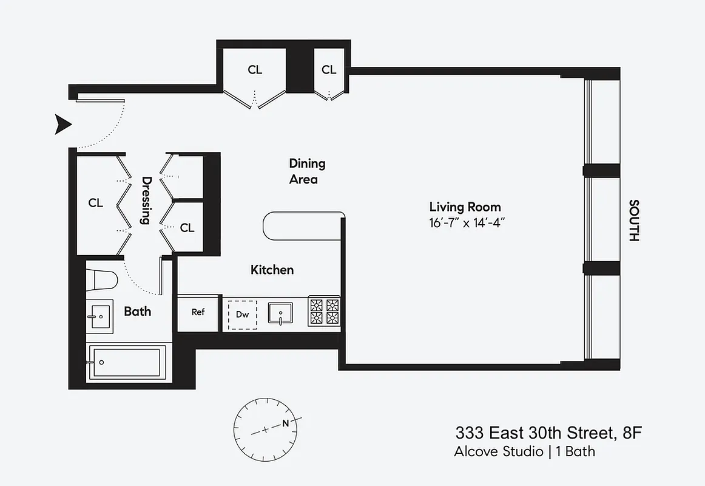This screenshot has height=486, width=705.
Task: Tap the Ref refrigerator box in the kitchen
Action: (198, 312)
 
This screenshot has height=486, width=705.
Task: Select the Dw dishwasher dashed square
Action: (242, 314)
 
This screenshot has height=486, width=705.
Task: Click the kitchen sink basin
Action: (281, 313)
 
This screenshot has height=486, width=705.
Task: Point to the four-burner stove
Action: (324, 312)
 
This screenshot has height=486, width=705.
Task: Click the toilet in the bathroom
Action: (101, 280)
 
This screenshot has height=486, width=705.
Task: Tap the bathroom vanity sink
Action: (98, 317)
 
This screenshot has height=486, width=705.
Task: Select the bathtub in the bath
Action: (126, 363)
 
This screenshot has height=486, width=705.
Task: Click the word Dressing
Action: (146, 200)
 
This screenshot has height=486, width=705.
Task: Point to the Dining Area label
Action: (306, 171)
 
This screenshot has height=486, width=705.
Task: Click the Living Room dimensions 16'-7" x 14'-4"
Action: (466, 222)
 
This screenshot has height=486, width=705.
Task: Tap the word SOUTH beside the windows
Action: (633, 221)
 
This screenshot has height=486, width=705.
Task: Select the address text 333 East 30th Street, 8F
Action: (548, 433)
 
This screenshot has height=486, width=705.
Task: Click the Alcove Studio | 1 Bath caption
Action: (524, 451)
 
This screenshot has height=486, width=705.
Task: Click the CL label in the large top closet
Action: (255, 70)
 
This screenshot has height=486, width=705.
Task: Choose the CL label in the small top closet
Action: (329, 70)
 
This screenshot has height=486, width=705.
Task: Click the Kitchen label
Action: (272, 270)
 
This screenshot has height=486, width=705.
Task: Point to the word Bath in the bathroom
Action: (137, 312)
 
